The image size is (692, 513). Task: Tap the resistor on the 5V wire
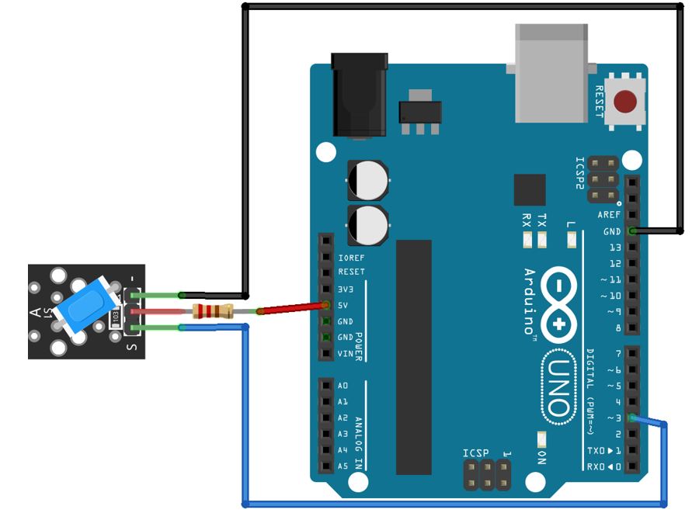213,311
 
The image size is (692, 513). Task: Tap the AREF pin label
609,215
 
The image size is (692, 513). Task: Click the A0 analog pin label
343,386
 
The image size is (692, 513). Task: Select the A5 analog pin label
343,466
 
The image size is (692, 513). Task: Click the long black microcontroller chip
413,356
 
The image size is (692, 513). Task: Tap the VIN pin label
346,354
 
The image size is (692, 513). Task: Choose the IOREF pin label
351,257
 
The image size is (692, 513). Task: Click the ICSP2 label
579,173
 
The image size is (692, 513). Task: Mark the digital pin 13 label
615,248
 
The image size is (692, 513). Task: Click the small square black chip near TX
530,189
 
